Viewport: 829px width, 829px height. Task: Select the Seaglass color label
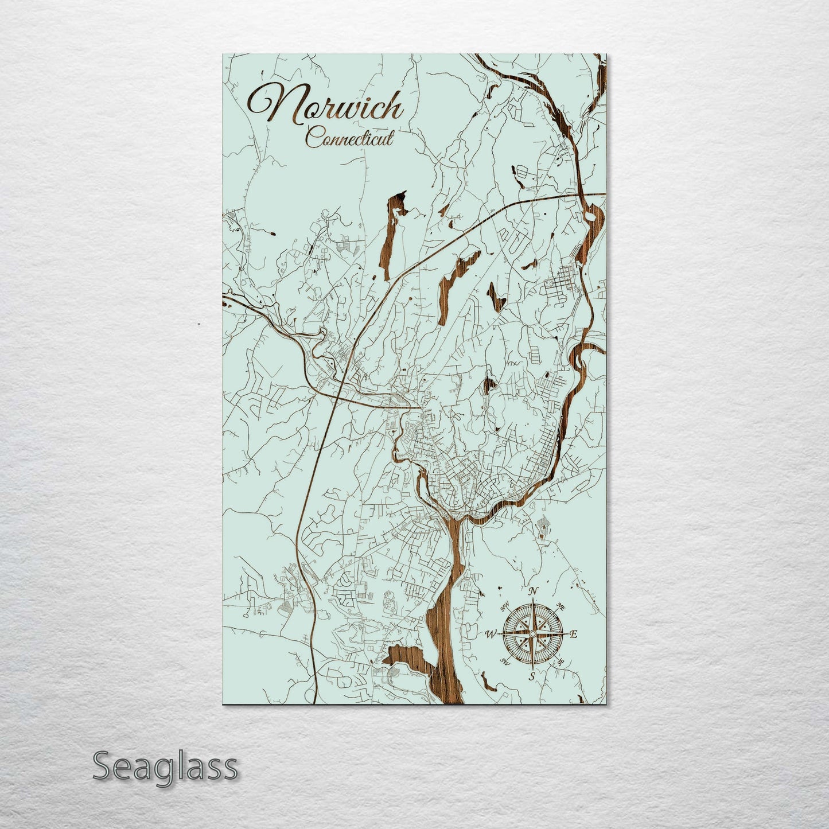165,766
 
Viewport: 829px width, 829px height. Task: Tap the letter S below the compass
532,676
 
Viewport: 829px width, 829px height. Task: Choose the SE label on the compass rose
561,662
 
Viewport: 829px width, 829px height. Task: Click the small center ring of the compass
532,634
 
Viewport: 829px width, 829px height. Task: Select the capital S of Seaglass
102,766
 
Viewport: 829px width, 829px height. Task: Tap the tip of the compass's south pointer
532,668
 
